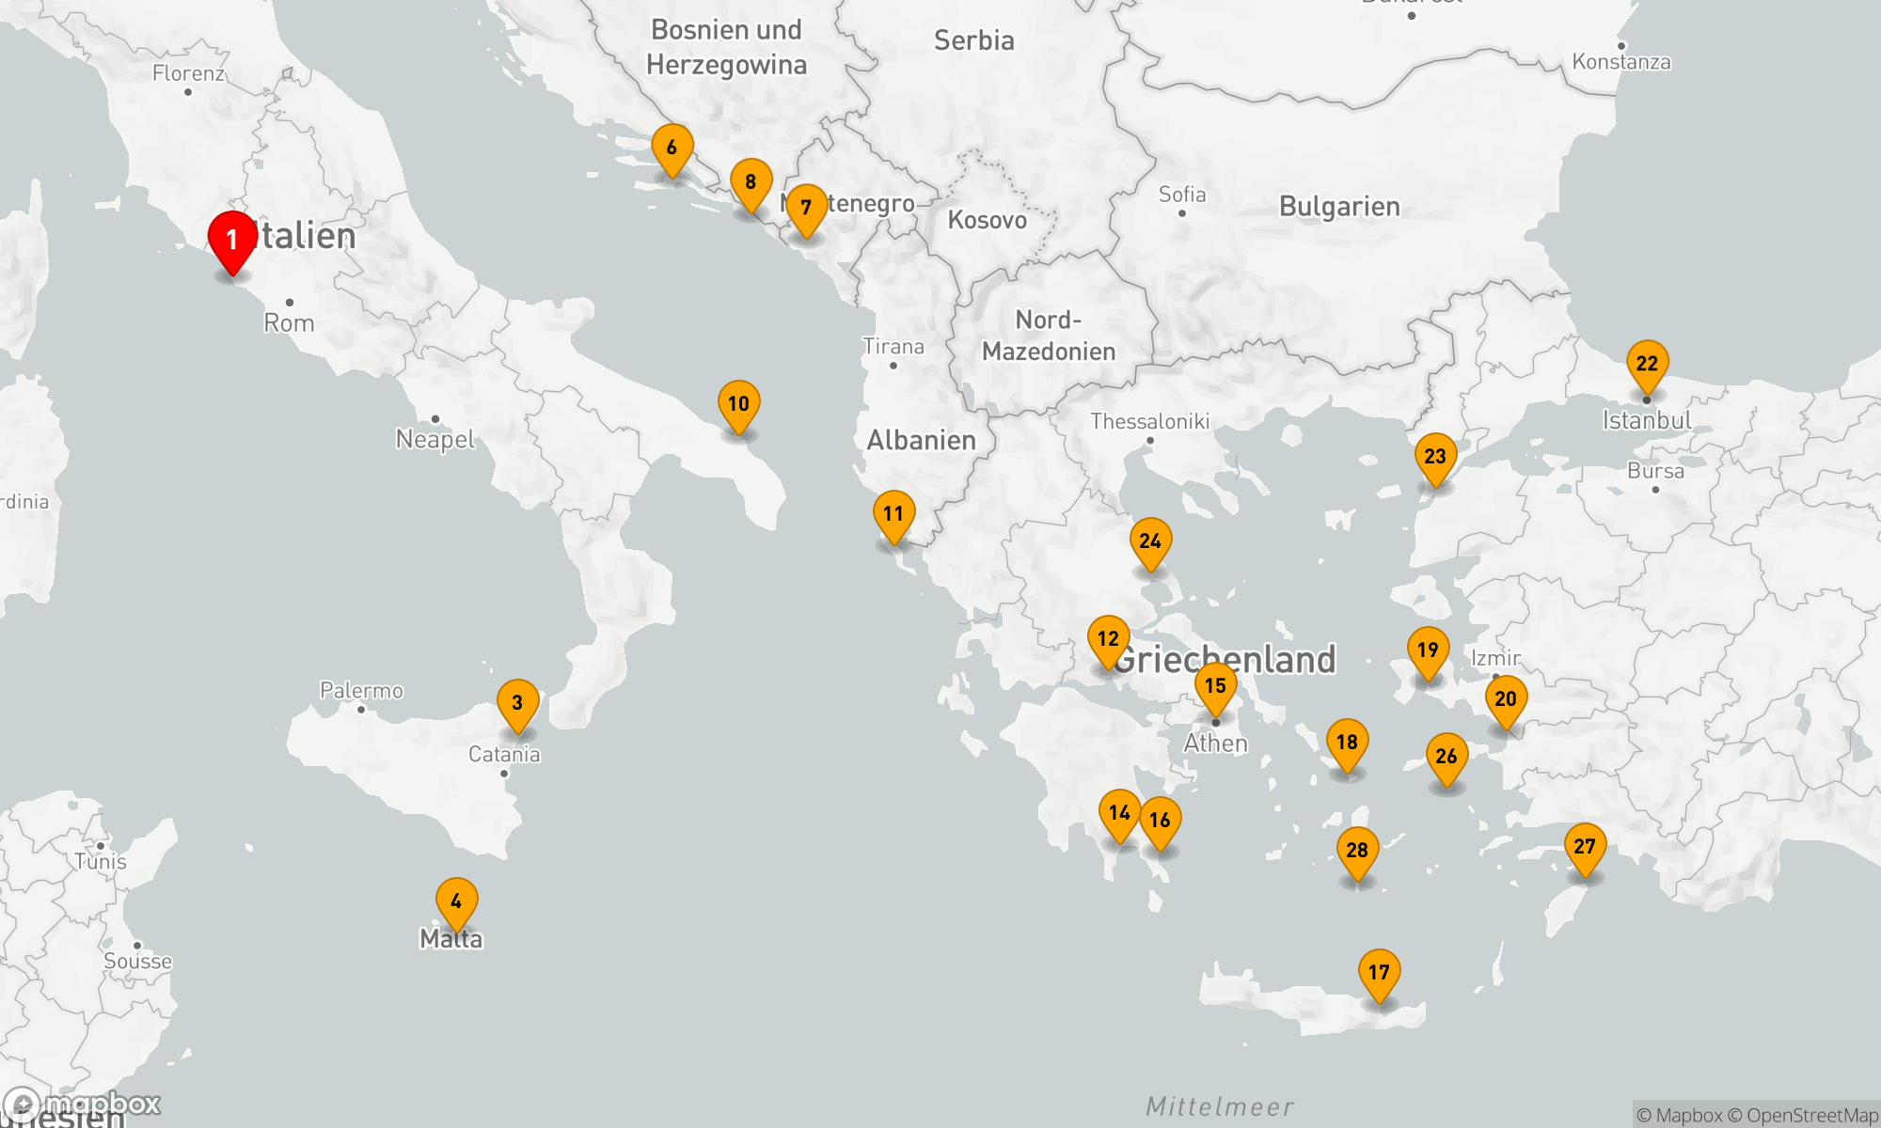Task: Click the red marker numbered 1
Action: (232, 240)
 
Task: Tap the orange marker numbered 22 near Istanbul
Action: (1647, 364)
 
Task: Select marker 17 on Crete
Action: (1379, 973)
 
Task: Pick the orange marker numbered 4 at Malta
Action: (456, 901)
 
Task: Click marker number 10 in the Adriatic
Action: (738, 404)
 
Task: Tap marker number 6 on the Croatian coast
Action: (672, 148)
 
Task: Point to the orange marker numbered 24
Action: (1150, 541)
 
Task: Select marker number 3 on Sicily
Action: (517, 703)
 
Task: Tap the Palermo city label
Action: (361, 691)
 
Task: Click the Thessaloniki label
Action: (1149, 421)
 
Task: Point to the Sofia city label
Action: (1182, 195)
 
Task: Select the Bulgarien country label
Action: (1339, 207)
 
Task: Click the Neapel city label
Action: (435, 439)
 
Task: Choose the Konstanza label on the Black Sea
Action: (1621, 62)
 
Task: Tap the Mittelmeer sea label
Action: (1219, 1106)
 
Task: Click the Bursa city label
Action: (1655, 471)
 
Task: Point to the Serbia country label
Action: (973, 40)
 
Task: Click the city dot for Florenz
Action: (188, 92)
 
